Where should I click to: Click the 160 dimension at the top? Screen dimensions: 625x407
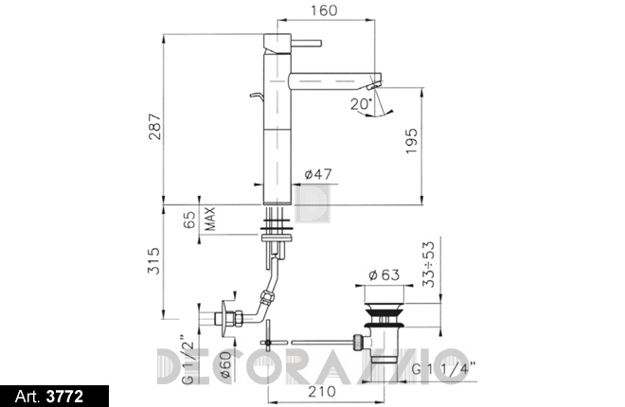tap(323, 10)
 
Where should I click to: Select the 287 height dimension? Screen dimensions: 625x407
tap(154, 127)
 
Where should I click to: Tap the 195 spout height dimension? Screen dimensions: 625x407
tap(411, 141)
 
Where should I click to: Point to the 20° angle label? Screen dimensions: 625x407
tap(361, 104)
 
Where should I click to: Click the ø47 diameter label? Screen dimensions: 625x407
tap(317, 174)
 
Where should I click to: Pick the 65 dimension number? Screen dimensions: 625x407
tap(189, 220)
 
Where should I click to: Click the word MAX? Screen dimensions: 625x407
tap(209, 219)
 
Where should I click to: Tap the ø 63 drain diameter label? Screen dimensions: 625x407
tap(384, 274)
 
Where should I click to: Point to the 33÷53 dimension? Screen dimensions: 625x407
tap(429, 264)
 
